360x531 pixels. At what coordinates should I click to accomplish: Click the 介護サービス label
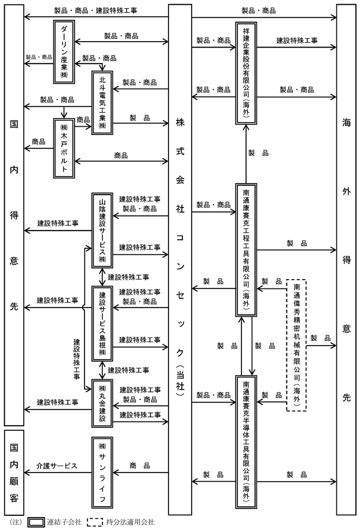pyautogui.click(x=57, y=466)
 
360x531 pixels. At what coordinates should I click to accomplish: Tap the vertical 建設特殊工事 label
pyautogui.click(x=77, y=359)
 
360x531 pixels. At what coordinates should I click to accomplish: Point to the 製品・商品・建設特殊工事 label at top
pyautogui.click(x=95, y=10)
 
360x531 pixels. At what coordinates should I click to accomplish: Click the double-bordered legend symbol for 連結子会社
pyautogui.click(x=36, y=522)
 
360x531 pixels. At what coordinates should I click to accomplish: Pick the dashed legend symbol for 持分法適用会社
pyautogui.click(x=95, y=522)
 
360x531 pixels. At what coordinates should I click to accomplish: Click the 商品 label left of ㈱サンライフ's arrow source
pyautogui.click(x=139, y=466)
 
